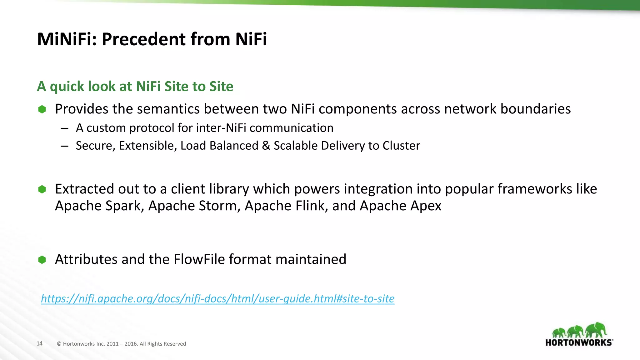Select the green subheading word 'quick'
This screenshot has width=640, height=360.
click(67, 87)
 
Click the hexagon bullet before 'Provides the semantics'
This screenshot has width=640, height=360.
click(42, 109)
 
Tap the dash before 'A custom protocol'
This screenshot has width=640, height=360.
click(65, 128)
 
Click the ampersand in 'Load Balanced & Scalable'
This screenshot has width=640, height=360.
click(266, 146)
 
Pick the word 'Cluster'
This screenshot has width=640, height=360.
click(401, 146)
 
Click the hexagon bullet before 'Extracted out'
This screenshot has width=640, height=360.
click(42, 189)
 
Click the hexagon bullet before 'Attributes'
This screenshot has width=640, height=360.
click(42, 260)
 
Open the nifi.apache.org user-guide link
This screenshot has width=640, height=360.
click(217, 299)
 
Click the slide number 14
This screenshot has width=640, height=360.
click(39, 344)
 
